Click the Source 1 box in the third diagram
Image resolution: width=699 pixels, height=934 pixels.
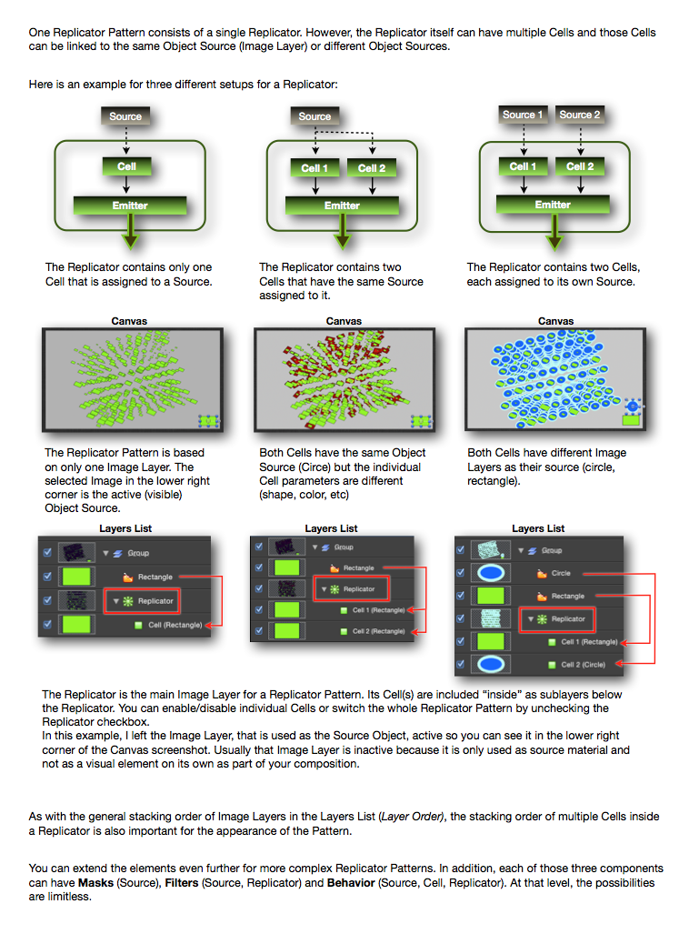click(x=524, y=115)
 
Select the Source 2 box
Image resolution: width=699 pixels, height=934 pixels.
click(x=580, y=115)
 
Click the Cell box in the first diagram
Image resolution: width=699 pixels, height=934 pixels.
click(x=127, y=166)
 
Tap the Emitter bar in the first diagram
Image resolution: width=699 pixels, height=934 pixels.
click(x=130, y=206)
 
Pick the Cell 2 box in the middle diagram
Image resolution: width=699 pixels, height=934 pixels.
click(x=372, y=167)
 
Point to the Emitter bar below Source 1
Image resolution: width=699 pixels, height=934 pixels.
click(x=553, y=205)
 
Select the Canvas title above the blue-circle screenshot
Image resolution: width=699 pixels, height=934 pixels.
click(x=555, y=321)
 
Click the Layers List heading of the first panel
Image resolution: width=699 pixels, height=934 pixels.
click(x=125, y=528)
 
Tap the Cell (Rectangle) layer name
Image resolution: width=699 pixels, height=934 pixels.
click(x=175, y=625)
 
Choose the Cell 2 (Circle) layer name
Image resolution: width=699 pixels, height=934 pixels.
click(x=584, y=665)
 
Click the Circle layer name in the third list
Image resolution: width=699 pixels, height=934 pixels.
click(x=561, y=574)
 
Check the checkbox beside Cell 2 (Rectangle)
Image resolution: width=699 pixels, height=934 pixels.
click(x=259, y=630)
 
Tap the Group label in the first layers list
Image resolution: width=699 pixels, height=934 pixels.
click(x=138, y=553)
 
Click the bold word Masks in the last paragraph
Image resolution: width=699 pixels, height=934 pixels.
click(x=97, y=883)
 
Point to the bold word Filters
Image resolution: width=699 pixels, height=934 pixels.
click(x=185, y=883)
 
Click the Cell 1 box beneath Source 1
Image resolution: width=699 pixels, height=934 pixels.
click(x=523, y=166)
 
